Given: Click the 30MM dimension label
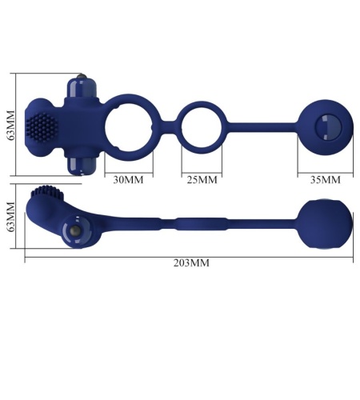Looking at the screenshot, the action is tap(128, 180).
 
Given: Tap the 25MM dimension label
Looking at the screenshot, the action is tap(202, 180).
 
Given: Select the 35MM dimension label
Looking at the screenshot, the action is tap(326, 180).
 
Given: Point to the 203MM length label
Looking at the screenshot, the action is tap(191, 263).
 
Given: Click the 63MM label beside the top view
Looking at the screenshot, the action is tap(11, 125).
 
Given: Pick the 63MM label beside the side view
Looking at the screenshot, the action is tap(11, 217).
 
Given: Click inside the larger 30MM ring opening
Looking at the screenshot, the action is tap(129, 128).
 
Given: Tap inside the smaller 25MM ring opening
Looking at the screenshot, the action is tap(202, 128).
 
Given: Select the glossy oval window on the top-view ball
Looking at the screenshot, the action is tap(328, 127).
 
